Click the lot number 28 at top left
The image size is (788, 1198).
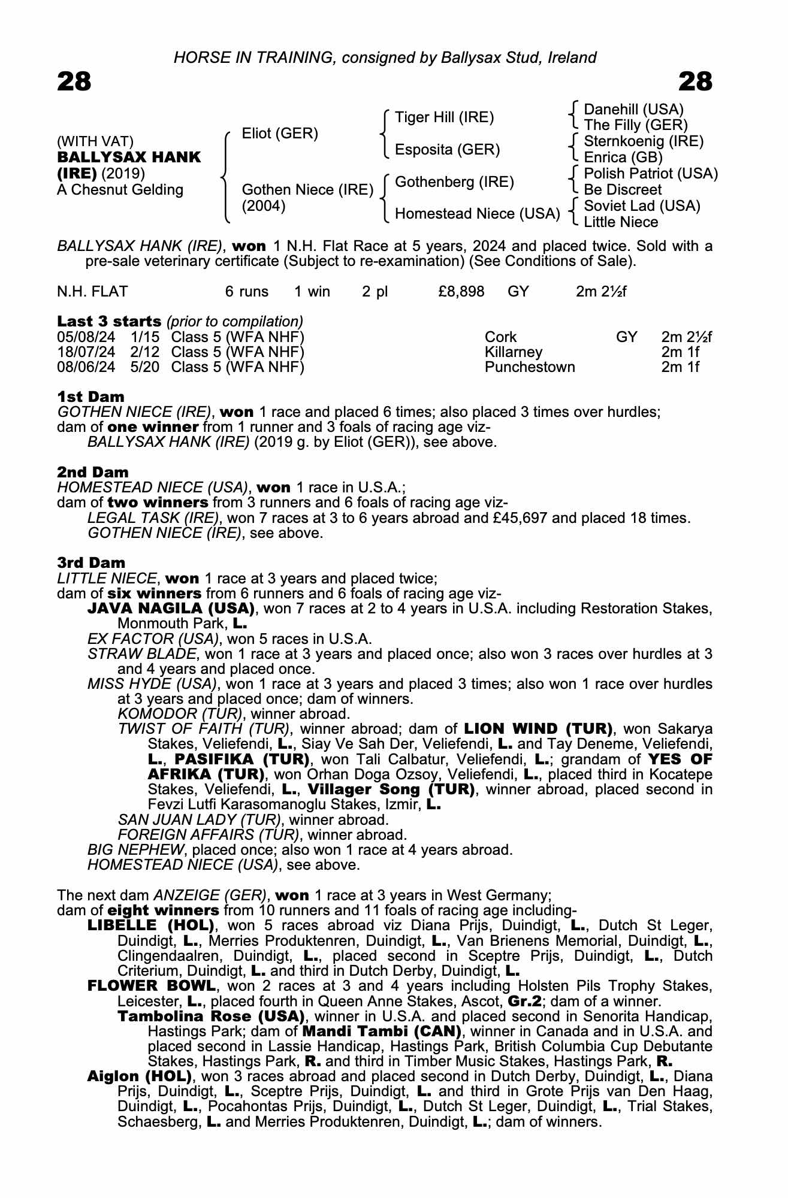click(x=74, y=82)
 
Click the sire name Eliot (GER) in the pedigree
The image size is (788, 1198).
click(x=280, y=134)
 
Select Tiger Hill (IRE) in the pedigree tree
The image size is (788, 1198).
click(x=444, y=117)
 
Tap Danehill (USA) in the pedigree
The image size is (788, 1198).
click(x=633, y=110)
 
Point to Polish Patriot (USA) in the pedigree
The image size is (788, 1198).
click(x=650, y=174)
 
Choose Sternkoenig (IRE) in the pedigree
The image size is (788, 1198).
click(x=643, y=141)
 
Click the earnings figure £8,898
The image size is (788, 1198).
click(x=461, y=292)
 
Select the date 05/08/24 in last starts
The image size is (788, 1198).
click(x=86, y=337)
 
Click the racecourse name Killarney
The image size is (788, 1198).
click(x=514, y=352)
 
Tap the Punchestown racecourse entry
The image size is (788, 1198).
click(x=530, y=367)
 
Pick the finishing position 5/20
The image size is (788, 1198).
click(x=145, y=367)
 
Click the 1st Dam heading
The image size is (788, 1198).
click(x=90, y=397)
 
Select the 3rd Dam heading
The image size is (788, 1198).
click(x=91, y=562)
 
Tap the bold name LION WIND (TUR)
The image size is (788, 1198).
click(x=538, y=729)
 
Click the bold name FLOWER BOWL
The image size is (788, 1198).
click(x=151, y=985)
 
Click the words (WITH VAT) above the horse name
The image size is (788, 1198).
click(x=95, y=141)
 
